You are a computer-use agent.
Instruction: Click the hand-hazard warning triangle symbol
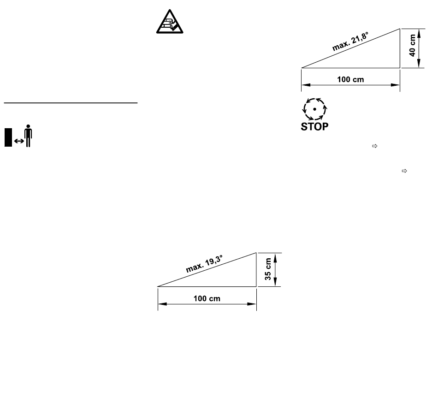170,22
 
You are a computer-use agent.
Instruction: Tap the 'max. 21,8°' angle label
350,42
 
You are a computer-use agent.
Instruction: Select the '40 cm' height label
412,45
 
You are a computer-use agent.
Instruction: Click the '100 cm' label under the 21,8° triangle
350,80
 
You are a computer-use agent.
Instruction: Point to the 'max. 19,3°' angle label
204,264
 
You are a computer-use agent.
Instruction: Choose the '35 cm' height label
267,269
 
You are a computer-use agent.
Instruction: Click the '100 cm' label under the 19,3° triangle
207,299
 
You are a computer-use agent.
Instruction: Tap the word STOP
314,127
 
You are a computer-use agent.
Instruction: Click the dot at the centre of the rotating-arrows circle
314,109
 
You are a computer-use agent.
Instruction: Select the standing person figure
28,136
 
